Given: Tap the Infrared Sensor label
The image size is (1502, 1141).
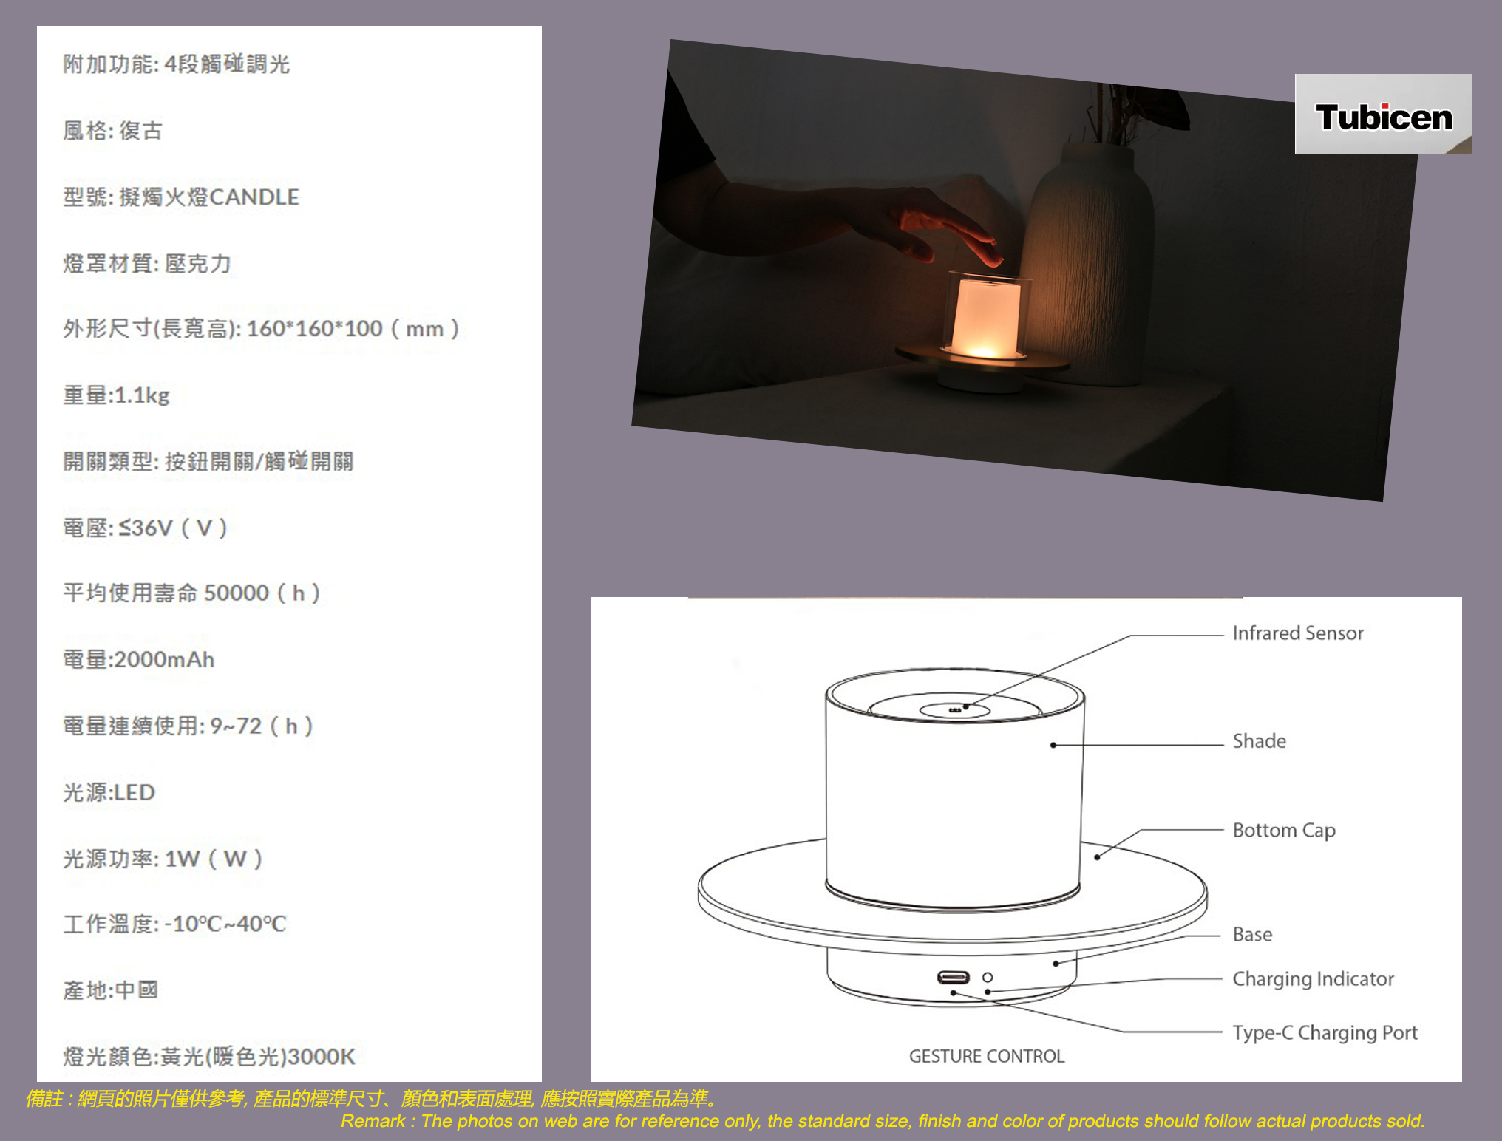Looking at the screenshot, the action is point(1298,633).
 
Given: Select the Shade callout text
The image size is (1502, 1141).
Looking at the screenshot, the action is point(1260,741).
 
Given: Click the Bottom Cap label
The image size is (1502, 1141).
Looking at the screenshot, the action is point(1284,831).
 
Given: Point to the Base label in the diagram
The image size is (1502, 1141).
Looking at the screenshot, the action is point(1252,934).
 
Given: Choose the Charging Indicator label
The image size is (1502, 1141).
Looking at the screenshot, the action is point(1313,979).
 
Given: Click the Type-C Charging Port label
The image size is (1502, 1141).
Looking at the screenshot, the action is point(1325,1033).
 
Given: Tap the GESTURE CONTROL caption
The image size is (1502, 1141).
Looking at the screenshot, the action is point(987,1056).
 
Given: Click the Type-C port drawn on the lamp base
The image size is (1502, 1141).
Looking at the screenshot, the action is point(953,978).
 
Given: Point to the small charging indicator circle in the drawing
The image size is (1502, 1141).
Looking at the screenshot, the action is point(988,978).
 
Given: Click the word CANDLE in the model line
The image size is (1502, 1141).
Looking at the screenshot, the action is point(254,197).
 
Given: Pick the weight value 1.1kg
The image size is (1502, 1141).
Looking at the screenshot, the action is point(142,395).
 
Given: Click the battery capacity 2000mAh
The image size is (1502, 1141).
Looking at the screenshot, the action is point(164,659).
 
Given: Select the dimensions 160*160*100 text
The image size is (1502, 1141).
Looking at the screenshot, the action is point(314,329).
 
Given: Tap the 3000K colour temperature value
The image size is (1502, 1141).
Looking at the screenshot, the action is point(322,1057).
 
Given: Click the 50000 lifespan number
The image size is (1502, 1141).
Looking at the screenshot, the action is point(237,593).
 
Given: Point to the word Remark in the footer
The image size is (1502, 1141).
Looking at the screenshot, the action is point(373,1121).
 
